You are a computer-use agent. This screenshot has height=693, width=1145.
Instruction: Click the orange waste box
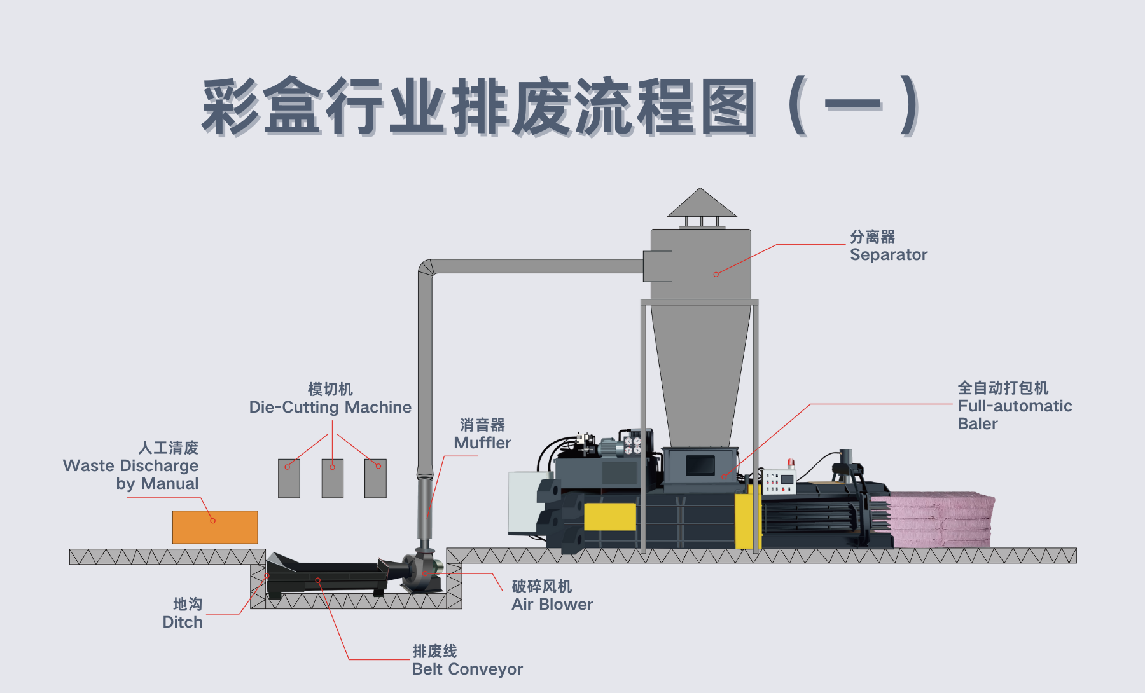point(215,527)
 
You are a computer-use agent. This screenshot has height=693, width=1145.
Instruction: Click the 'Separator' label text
point(888,255)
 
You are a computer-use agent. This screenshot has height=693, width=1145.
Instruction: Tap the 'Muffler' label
point(482,443)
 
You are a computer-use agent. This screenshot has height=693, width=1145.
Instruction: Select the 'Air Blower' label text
point(552,605)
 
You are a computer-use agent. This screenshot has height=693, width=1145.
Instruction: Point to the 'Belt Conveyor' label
point(467,669)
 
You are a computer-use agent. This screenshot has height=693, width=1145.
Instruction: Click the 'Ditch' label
point(183,622)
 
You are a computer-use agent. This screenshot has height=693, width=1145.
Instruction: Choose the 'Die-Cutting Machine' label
point(330,408)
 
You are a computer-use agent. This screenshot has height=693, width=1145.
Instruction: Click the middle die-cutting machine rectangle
point(332,478)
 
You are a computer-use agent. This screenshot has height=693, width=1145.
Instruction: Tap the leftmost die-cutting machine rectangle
point(289,478)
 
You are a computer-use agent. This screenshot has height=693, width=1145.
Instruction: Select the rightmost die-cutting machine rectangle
point(375,478)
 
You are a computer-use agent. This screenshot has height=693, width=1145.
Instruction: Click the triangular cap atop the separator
point(701,203)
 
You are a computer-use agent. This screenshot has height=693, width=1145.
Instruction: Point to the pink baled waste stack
point(941,519)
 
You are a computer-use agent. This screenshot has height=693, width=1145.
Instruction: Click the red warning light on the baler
point(791,462)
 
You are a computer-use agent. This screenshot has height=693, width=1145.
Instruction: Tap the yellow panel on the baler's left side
point(609,516)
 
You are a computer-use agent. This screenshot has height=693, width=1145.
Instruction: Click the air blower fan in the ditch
point(420,568)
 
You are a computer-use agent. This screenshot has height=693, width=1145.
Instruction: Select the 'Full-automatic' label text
point(1015,406)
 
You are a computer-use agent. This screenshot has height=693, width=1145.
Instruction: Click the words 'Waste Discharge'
point(130,466)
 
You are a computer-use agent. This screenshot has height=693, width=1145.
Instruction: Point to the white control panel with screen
point(780,482)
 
